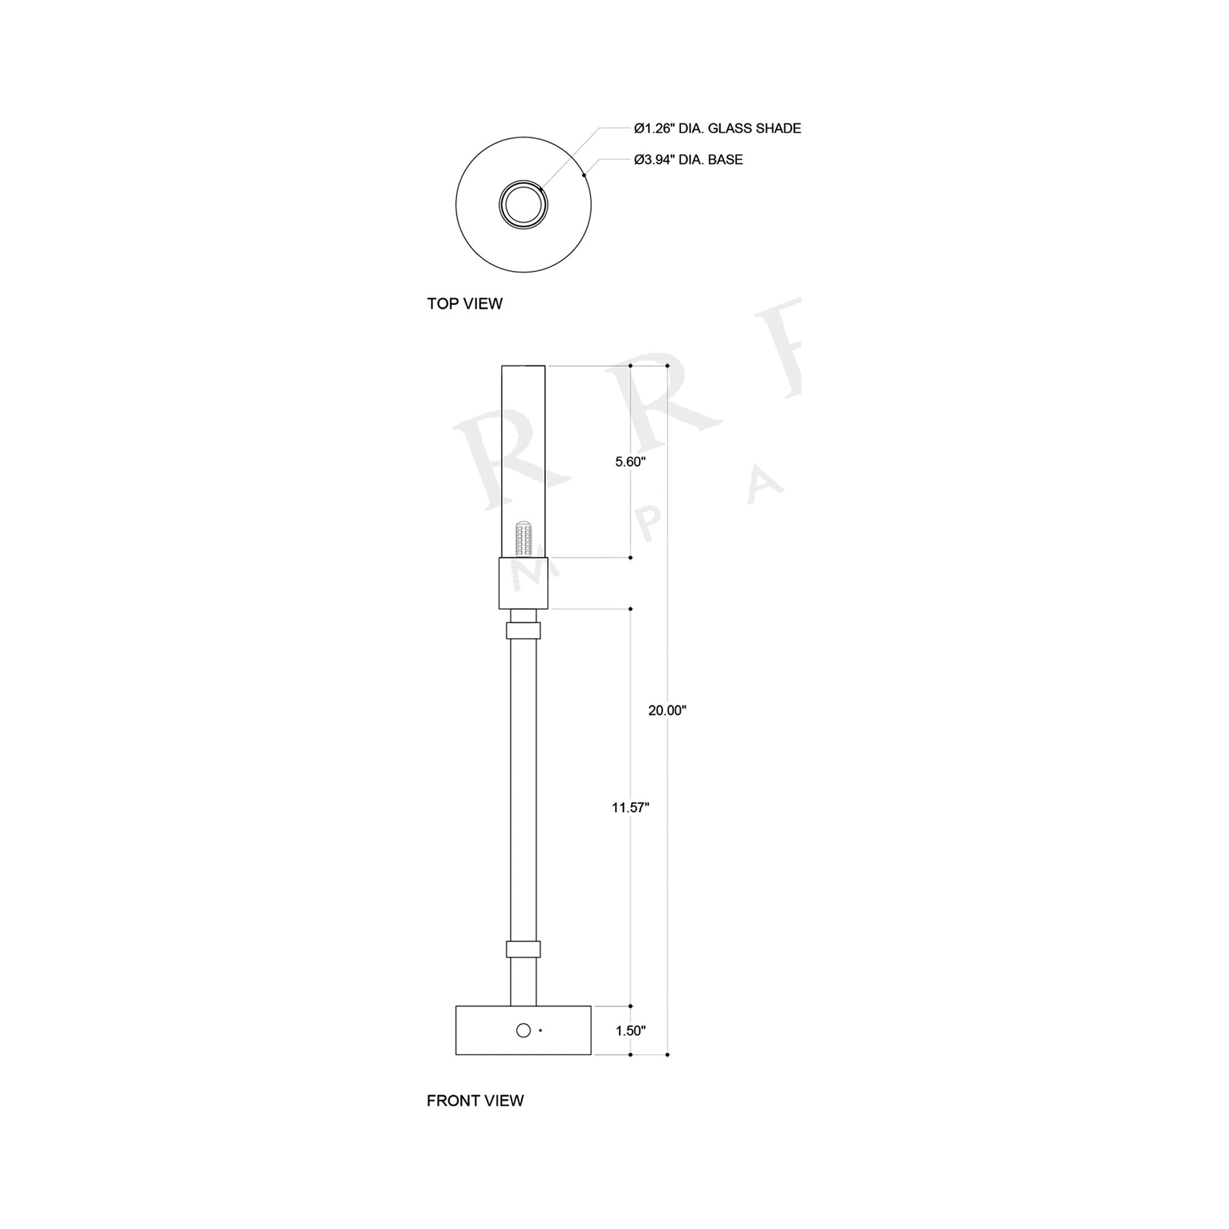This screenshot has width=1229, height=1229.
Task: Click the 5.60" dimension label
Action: (x=630, y=462)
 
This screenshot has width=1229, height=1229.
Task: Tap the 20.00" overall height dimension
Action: (x=667, y=710)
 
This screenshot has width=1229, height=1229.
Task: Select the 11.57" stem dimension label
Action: (x=630, y=808)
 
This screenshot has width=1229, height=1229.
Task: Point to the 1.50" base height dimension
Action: (x=630, y=1031)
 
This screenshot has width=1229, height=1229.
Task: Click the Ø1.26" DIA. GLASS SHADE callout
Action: (x=717, y=128)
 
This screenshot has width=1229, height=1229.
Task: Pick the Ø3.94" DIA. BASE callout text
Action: (x=688, y=160)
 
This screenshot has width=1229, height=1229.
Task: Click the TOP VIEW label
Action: (x=464, y=304)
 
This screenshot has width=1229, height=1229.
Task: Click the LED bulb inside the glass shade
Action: (x=524, y=538)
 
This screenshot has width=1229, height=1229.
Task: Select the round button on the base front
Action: (x=523, y=1030)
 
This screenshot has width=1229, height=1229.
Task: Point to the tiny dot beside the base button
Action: (x=541, y=1030)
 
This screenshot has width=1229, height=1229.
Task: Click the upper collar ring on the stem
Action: (x=523, y=630)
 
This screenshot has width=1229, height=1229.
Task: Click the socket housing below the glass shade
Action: (x=523, y=584)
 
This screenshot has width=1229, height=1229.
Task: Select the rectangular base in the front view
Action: (x=484, y=1031)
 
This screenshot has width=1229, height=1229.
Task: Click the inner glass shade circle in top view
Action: (x=523, y=205)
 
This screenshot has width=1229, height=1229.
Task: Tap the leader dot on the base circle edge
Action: (x=584, y=175)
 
